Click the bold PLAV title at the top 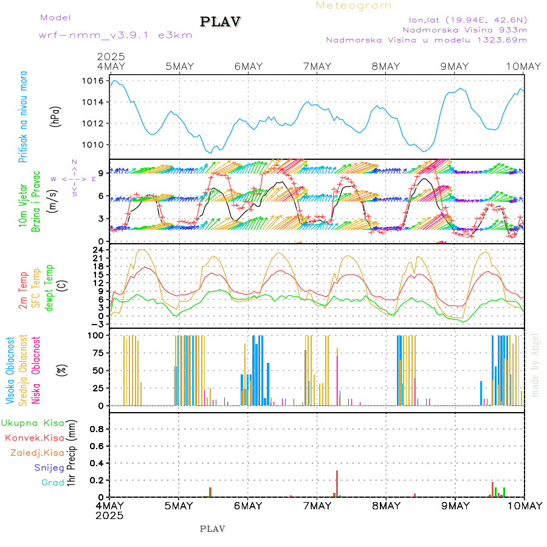tap(221, 22)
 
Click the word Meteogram tap(354, 5)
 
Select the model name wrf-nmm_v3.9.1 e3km tap(115, 35)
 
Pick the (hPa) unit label tap(55, 115)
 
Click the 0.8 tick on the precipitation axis tap(97, 428)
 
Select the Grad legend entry tap(52, 483)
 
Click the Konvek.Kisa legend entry tap(35, 438)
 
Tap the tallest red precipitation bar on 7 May tap(337, 483)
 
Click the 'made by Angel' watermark tap(535, 365)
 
